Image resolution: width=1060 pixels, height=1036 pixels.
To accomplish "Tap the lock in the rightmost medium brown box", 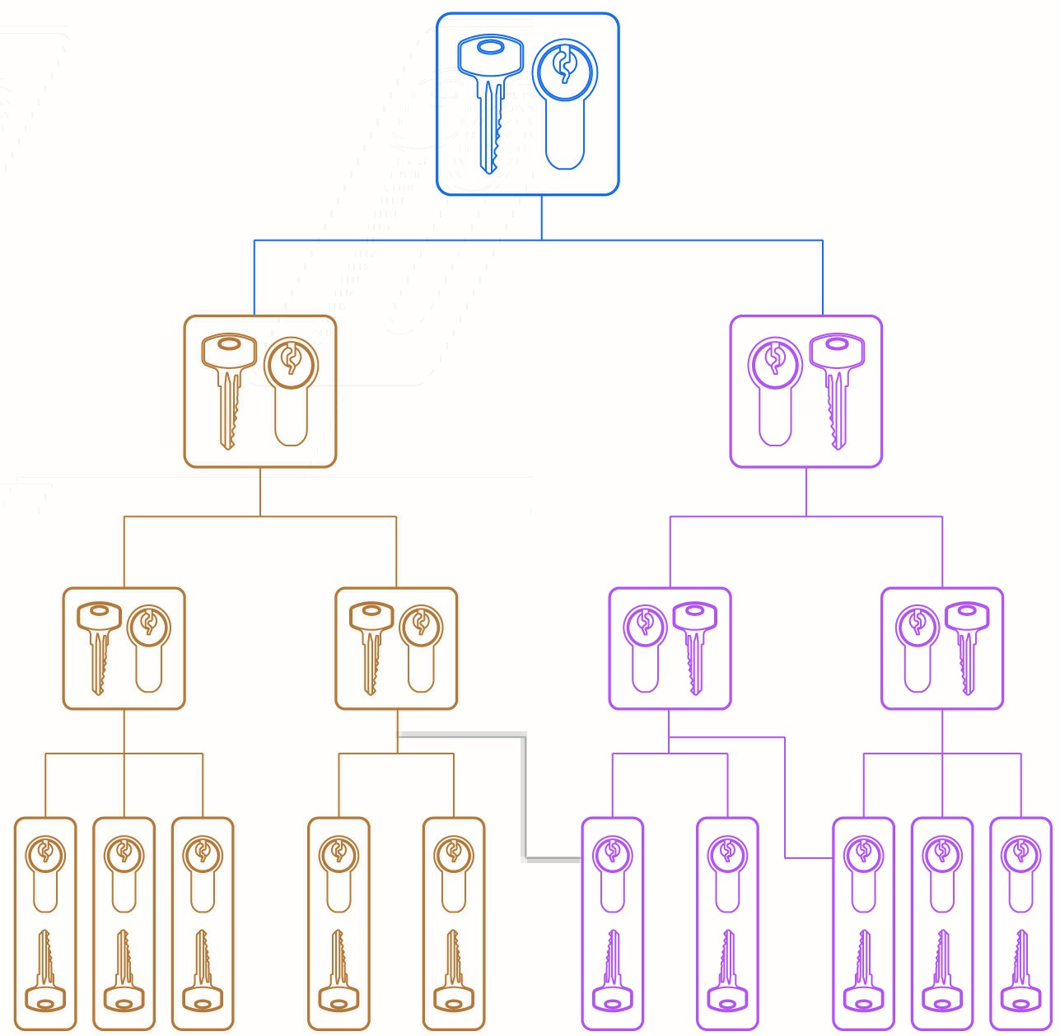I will tap(421, 646).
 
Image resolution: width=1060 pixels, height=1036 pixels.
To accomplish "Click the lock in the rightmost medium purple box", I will tap(917, 646).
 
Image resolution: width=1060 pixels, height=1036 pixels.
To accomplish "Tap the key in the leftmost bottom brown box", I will tap(45, 972).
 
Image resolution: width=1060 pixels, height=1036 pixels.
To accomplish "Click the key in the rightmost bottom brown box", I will tap(453, 972).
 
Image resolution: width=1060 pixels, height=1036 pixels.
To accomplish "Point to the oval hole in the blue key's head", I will tap(489, 48).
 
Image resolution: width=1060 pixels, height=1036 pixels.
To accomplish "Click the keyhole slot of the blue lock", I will tap(565, 66).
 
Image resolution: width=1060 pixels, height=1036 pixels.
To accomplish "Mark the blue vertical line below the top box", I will tap(541, 217).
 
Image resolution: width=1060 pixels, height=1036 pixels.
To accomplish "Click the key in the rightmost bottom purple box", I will tap(1020, 972).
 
